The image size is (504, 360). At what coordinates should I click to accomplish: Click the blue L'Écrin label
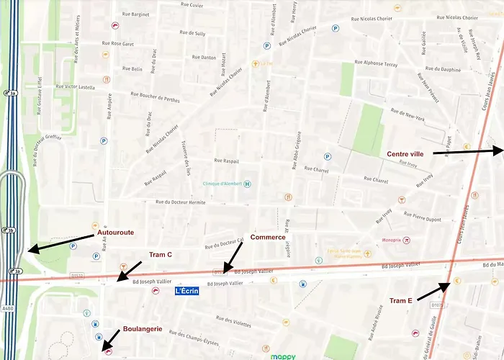click(186, 291)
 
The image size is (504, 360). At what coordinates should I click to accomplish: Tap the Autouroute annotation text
click(116, 233)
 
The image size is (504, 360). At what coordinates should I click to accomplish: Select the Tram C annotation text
click(160, 255)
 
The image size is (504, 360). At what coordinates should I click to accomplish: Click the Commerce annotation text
click(267, 237)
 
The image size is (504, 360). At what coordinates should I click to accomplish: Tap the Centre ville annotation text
click(405, 153)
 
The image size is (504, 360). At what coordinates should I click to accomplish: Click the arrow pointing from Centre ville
click(468, 151)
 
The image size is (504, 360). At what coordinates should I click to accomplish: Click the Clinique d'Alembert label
click(222, 184)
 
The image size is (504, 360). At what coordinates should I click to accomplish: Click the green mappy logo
click(283, 356)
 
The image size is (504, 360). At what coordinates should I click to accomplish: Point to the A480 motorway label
click(8, 308)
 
